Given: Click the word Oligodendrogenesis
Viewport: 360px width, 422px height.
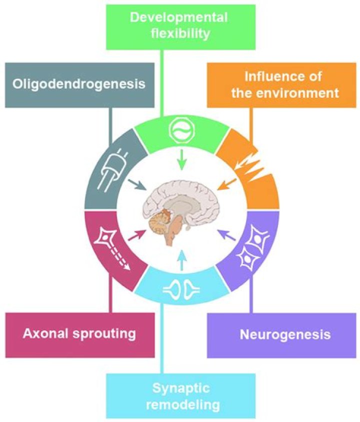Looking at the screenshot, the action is pos(79,84).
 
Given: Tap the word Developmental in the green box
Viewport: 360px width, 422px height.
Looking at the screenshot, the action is pos(179,18).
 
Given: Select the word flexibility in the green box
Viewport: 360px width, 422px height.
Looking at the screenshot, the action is pos(180,34).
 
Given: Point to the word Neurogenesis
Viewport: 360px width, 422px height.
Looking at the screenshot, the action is pos(285,335).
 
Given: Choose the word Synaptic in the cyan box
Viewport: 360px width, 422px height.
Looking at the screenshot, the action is pos(181,389).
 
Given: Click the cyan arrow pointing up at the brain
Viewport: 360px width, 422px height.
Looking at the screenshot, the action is pos(182,260).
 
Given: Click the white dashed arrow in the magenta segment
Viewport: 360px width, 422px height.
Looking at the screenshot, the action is pos(120,259).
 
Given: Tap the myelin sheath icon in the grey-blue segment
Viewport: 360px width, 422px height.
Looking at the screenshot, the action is pos(113,170).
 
